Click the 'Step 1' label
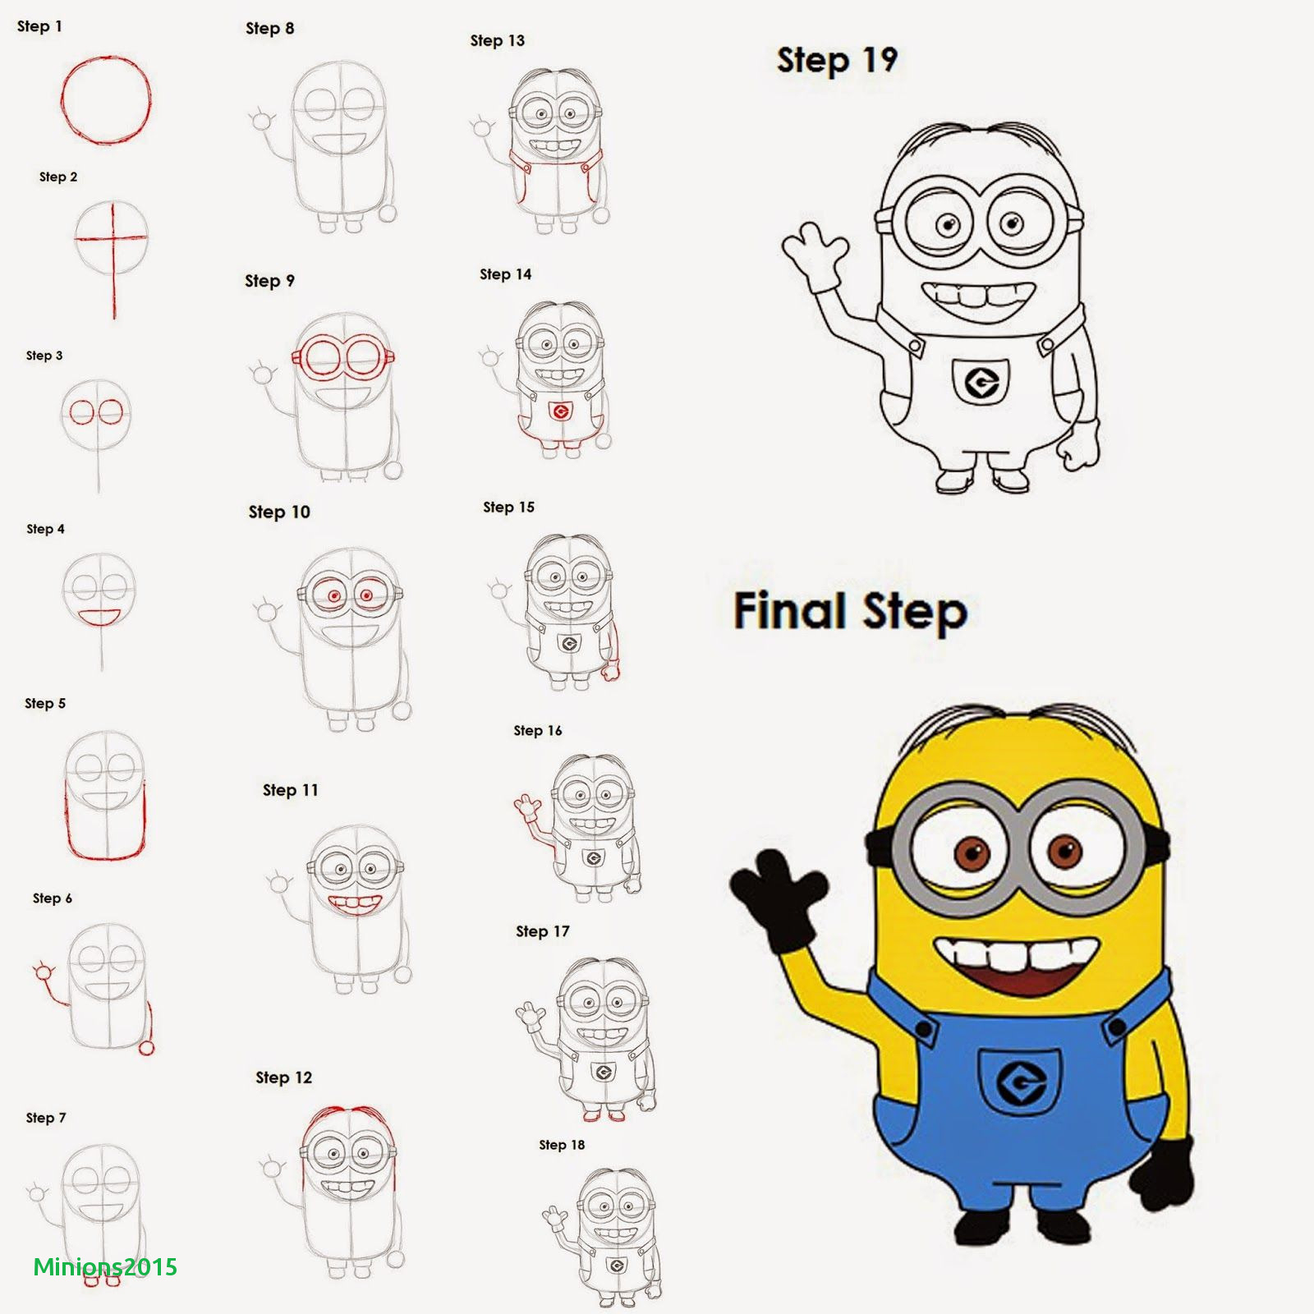tap(39, 26)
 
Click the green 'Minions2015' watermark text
tap(105, 1267)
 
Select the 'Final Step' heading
tap(850, 612)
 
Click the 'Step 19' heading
tap(837, 61)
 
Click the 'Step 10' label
tap(279, 512)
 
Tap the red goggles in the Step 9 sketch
tap(342, 357)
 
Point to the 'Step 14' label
tap(505, 274)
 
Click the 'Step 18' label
tap(562, 1145)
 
